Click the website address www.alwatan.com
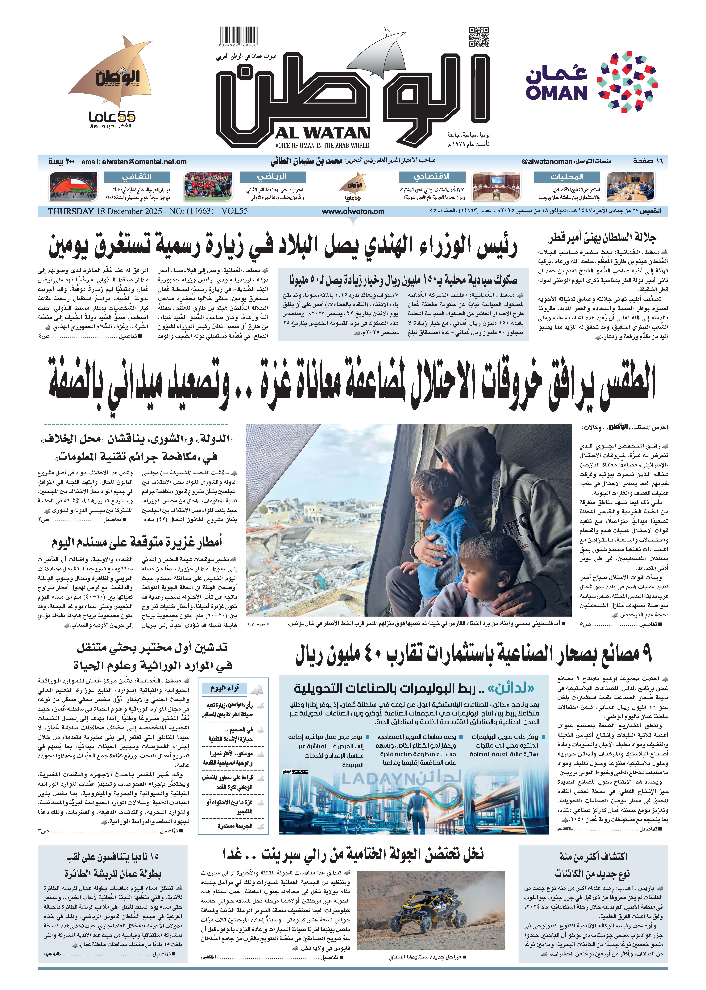click(353, 211)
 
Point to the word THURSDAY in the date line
click(70, 211)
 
